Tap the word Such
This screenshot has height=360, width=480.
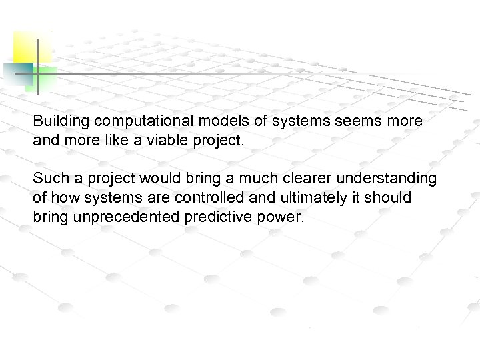coord(48,179)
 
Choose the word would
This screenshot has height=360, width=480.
coord(156,179)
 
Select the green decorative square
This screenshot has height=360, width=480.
coord(45,77)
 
